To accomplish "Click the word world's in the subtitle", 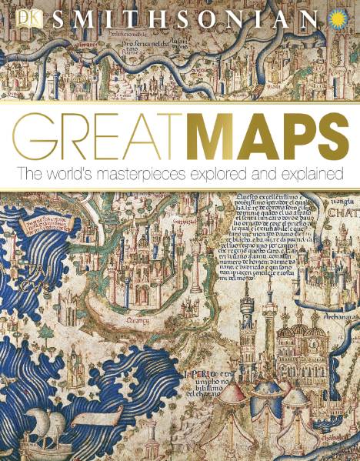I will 77,174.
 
